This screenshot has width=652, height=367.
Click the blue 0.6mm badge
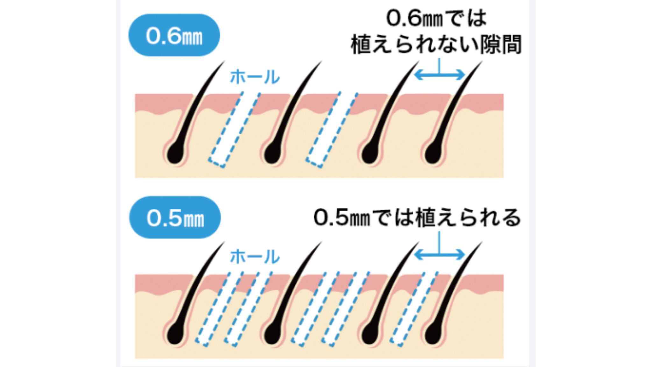174,35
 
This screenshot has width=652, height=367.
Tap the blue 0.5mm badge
175,218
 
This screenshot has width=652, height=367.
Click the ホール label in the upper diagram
254,77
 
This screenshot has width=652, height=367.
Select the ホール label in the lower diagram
254,257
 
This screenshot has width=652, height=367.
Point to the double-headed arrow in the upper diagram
439,75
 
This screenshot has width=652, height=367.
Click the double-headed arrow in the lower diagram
439,255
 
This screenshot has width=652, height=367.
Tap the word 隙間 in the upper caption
500,45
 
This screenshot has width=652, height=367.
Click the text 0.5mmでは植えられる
417,218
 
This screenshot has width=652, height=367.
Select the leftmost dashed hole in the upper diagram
235,130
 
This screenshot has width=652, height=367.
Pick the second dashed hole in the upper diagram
332,130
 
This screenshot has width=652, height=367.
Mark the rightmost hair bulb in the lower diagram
433,334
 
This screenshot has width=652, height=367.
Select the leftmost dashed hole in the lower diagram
219,309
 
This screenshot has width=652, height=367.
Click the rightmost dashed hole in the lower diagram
414,309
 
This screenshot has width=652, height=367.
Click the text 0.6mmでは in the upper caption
436,18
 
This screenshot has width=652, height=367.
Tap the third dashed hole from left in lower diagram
315,309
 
